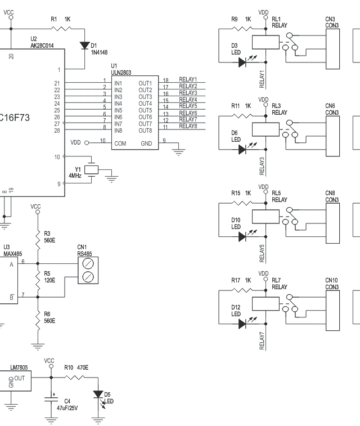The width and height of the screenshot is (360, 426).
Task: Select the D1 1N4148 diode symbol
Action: click(x=84, y=44)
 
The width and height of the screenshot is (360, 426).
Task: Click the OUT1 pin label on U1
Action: click(x=145, y=83)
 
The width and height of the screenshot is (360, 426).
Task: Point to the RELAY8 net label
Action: click(x=188, y=126)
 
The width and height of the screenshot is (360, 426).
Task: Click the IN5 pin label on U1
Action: click(x=119, y=110)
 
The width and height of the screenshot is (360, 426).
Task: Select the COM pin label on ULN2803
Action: click(x=120, y=144)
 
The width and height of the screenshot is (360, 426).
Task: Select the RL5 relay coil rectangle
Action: click(x=264, y=217)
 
